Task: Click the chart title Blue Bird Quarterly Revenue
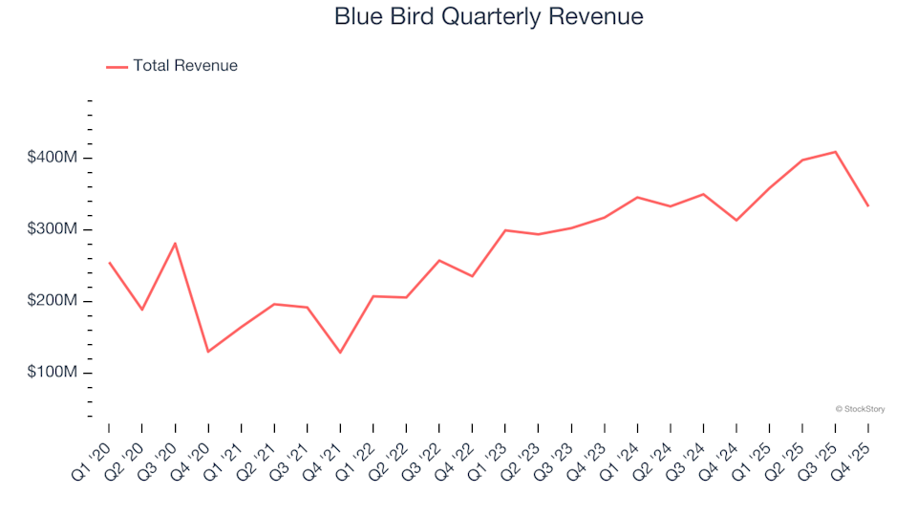488,16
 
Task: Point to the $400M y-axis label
53,158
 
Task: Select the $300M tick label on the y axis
53,229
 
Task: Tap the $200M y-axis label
53,301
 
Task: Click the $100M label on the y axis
53,373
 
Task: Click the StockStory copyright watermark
860,409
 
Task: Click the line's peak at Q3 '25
836,152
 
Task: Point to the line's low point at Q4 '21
340,353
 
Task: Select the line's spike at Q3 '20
175,243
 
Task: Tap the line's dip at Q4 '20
208,352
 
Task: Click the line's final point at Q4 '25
868,206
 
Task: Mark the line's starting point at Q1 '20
109,262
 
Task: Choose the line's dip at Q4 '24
736,221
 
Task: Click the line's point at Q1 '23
505,230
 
